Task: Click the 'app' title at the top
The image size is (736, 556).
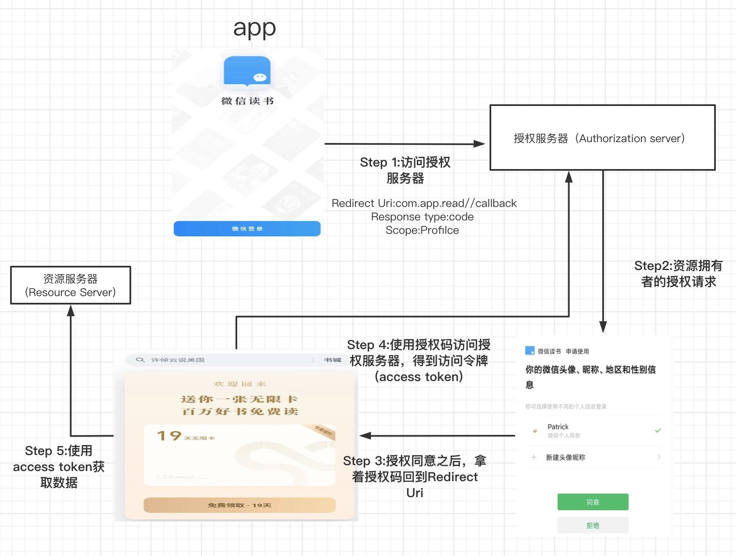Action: (254, 29)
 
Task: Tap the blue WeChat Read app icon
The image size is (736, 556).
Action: (247, 71)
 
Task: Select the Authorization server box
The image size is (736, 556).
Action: (602, 138)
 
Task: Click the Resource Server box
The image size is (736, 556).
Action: (71, 285)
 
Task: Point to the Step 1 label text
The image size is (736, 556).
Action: (405, 170)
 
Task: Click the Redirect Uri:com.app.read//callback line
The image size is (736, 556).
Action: (424, 204)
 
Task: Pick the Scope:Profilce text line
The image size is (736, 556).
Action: (422, 230)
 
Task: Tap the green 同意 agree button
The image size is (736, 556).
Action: (593, 502)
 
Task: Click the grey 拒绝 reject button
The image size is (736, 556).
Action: (593, 525)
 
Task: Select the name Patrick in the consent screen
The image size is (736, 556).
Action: (558, 427)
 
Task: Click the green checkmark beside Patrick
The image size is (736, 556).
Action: (658, 430)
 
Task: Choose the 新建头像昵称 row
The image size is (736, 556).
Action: (565, 458)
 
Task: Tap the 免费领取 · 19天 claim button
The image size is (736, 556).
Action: (239, 505)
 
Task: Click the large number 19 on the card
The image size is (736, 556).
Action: (169, 436)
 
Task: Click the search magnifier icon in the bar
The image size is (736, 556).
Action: (140, 360)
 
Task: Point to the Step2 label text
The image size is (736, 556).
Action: (678, 273)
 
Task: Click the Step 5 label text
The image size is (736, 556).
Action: (59, 466)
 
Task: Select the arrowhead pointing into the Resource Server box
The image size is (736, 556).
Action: (71, 310)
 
